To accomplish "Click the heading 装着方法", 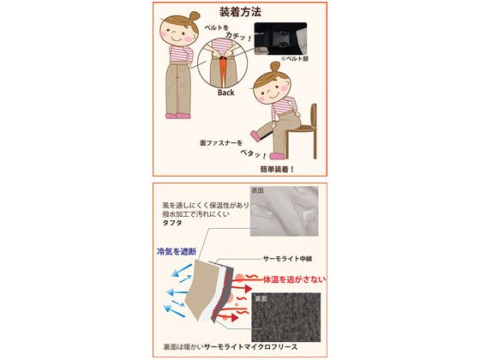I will click(x=239, y=13).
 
